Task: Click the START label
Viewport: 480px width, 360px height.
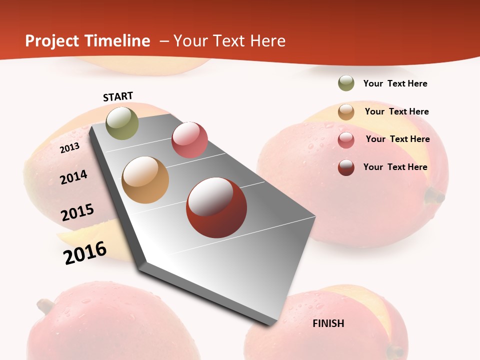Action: [118, 96]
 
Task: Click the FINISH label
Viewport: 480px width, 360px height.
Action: [328, 323]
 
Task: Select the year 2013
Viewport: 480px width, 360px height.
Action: [70, 147]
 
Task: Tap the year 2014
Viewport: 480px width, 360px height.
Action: [74, 177]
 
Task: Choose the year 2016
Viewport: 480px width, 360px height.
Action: [85, 252]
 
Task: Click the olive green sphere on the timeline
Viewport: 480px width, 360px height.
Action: [122, 123]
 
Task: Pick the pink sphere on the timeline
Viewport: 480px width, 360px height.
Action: [189, 140]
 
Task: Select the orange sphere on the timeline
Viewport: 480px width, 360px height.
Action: [145, 180]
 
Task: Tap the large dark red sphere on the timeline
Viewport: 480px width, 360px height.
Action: [216, 207]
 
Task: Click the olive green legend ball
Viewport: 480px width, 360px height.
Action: [346, 83]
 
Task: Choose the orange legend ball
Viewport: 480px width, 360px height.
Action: [346, 112]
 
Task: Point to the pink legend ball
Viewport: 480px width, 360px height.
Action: [346, 140]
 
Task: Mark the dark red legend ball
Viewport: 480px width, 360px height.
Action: [346, 167]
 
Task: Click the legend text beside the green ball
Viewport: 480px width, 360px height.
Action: [395, 83]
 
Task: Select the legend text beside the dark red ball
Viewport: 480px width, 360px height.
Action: [395, 167]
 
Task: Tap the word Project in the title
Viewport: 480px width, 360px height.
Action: [52, 41]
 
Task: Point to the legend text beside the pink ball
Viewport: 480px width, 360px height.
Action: [397, 139]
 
